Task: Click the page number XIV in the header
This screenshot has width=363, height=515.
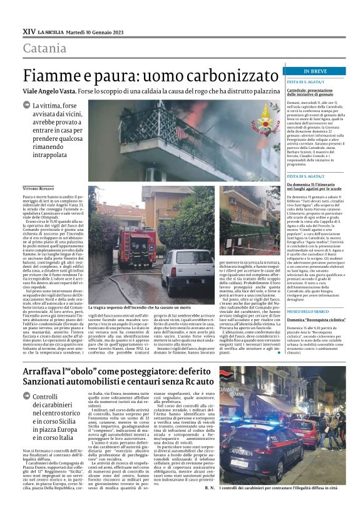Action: (29, 30)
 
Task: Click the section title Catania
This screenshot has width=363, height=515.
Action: (45, 48)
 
